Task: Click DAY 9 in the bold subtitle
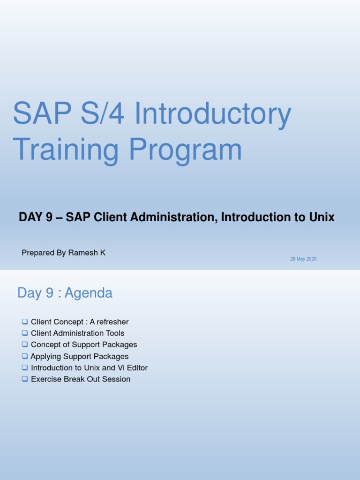coord(35,217)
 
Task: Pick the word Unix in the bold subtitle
coord(323,217)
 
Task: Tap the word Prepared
coord(37,253)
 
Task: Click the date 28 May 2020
coord(303,259)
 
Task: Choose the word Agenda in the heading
coord(89,293)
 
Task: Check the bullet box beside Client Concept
coord(25,322)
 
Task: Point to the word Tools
coord(115,333)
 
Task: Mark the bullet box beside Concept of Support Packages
coord(25,345)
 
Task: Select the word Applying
coord(45,356)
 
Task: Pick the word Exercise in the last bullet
coord(45,379)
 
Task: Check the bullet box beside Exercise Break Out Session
coord(25,379)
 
